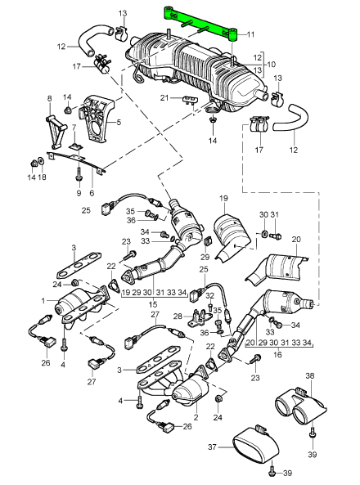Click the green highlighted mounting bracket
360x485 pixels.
point(200,24)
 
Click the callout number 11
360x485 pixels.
point(250,34)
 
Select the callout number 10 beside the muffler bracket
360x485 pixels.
point(271,65)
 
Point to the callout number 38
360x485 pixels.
point(309,375)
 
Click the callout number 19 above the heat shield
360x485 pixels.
point(224,198)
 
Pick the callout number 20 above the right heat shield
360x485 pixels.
point(296,239)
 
